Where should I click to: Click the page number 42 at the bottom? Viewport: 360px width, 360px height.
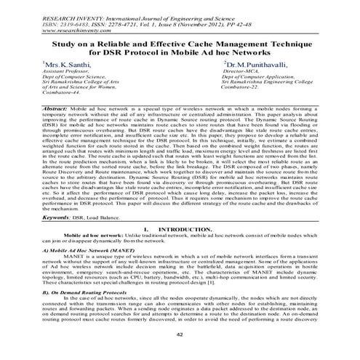coord(180,334)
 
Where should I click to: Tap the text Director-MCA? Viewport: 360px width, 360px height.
coord(243,73)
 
